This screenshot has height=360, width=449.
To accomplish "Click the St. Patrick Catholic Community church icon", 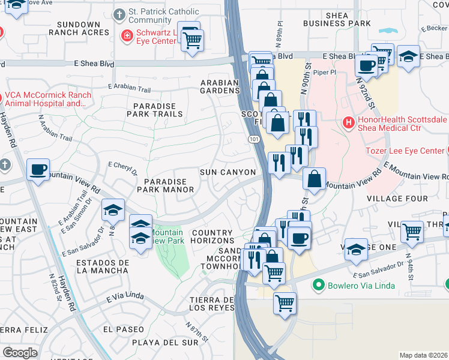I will point(121,13).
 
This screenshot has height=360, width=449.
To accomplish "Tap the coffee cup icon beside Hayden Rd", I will point(38,170).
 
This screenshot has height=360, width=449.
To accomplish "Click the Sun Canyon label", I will point(228,173).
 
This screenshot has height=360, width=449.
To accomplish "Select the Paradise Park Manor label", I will point(165,185).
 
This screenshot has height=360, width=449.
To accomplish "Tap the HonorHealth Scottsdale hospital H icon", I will point(348,123).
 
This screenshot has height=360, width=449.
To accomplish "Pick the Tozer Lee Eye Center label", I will point(405,151).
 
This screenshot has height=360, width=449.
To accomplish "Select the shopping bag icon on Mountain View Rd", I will point(315,178).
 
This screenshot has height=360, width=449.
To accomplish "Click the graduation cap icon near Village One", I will point(356,250).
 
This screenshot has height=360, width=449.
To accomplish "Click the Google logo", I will point(20,353).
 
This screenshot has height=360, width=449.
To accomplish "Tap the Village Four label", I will point(397,199).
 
